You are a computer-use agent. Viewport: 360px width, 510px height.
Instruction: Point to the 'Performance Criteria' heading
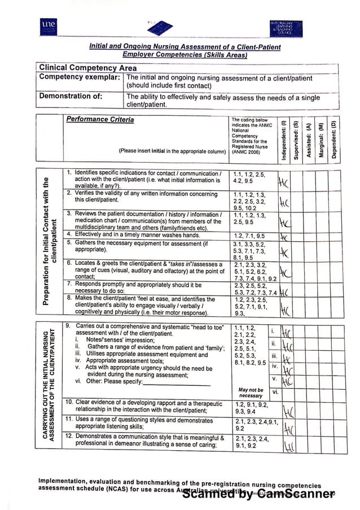pos(100,120)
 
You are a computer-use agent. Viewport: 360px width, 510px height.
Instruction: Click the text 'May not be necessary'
pos(251,393)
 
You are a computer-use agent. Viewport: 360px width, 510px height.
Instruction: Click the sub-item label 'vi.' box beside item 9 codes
pos(274,391)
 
